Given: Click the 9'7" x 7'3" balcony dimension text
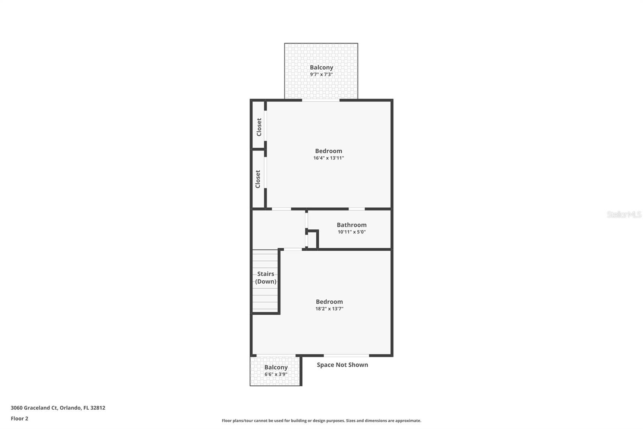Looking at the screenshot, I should coord(321,74).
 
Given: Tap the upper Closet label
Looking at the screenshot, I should coord(259,127).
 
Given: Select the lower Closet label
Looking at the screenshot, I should coord(258,179).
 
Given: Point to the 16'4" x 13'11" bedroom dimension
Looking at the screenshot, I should coord(328,158).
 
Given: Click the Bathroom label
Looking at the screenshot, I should coord(351,225).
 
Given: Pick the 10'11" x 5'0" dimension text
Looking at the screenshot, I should coord(351,232).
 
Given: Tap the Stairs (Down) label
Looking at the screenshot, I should coord(266,278).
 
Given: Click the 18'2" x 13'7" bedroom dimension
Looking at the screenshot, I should coord(329,309).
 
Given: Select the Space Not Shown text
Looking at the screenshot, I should coord(342,365).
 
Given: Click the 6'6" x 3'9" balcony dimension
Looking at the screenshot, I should coord(276,374).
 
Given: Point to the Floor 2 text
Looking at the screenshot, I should coord(19,419).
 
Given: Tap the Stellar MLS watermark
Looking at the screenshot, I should coord(624,214).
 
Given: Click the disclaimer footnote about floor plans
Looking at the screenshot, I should coord(321,421).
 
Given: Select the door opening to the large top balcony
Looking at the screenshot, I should coord(321,100).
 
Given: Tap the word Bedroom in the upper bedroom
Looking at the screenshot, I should coord(328,151).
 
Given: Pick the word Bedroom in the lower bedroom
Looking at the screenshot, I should coord(329,301).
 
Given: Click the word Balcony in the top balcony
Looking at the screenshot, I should coord(321,67).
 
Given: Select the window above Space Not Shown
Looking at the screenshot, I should coord(346,355).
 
